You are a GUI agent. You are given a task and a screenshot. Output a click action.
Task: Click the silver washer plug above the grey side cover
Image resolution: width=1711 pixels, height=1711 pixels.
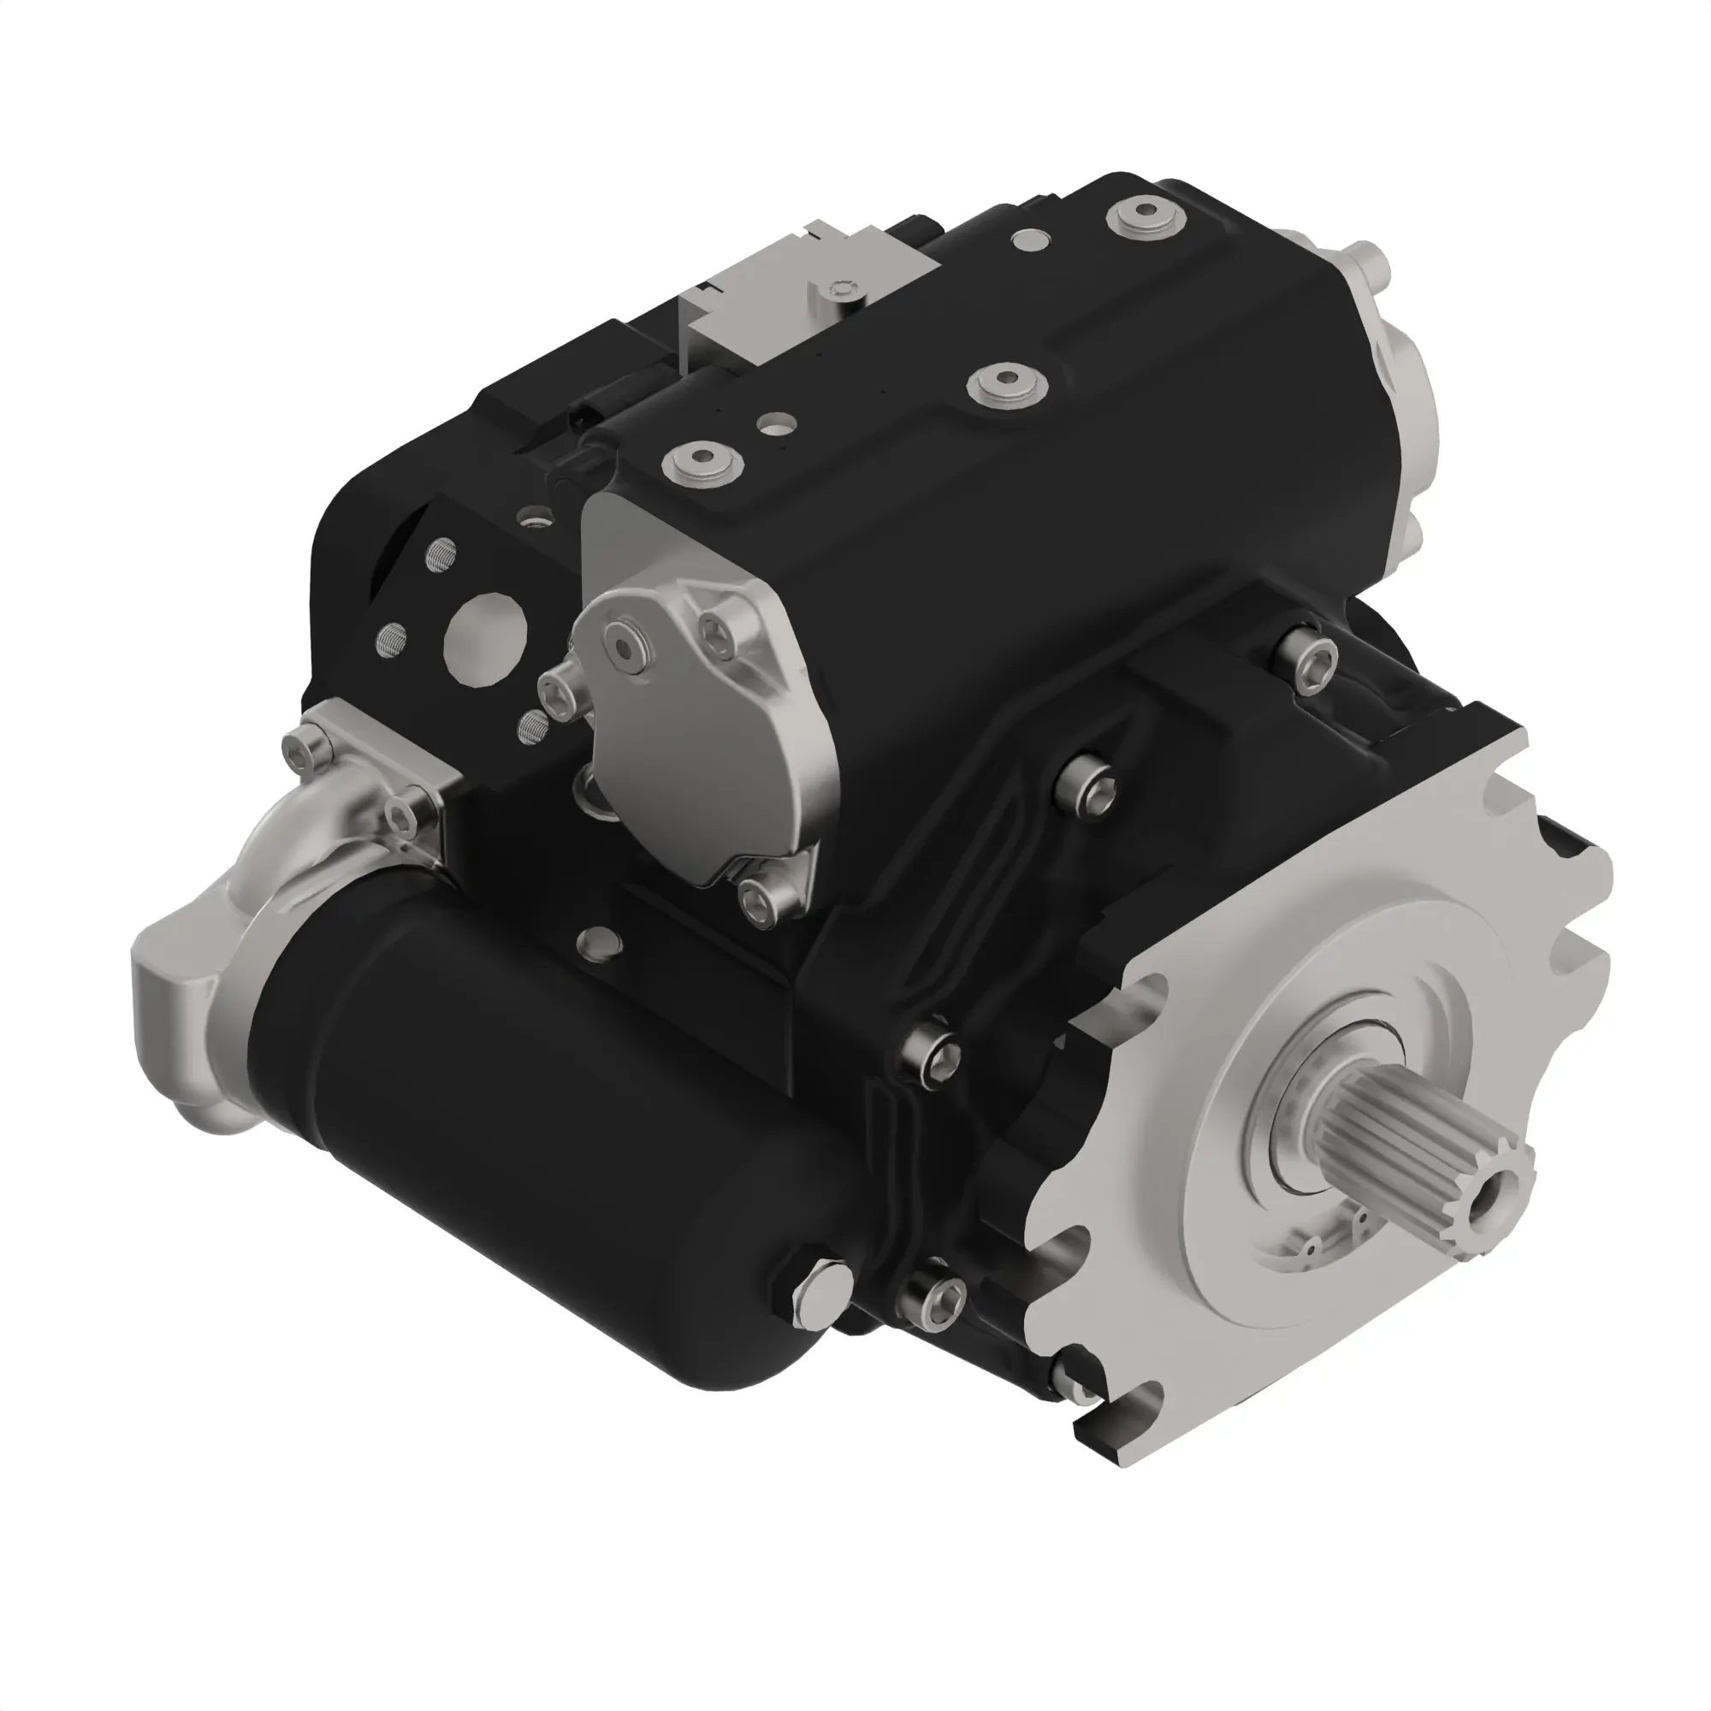coord(703,460)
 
